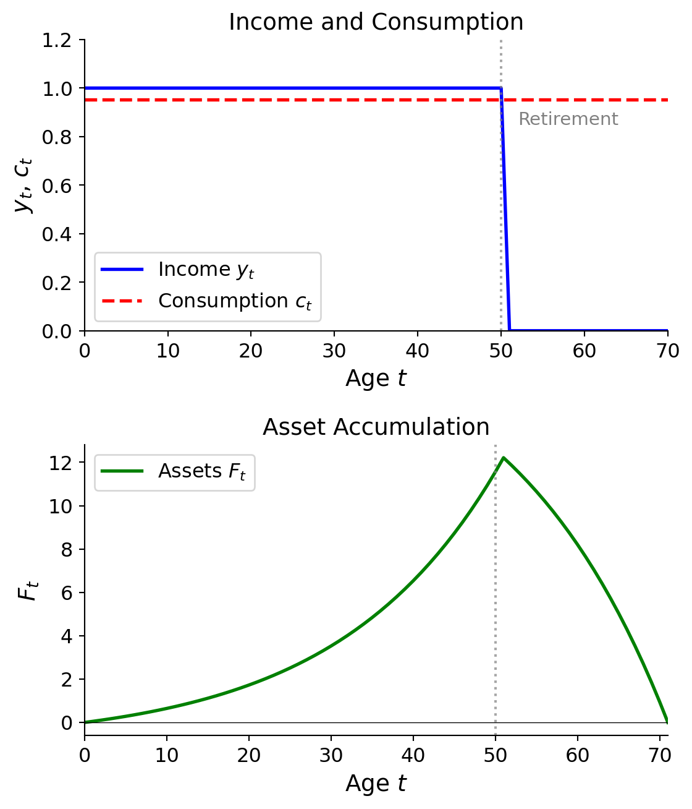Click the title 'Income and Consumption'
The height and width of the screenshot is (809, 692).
click(x=376, y=22)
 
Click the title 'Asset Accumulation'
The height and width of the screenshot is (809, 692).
click(x=376, y=427)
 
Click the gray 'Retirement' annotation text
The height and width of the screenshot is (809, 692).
click(x=568, y=119)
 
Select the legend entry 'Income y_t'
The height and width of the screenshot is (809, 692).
click(x=206, y=270)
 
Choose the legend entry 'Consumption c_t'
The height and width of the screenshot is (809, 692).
click(x=234, y=301)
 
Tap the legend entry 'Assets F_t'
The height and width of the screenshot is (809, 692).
click(x=201, y=471)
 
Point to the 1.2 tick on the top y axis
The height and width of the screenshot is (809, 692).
click(x=56, y=40)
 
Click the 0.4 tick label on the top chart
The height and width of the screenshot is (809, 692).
click(x=56, y=234)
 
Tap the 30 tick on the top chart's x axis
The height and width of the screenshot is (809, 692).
click(x=334, y=351)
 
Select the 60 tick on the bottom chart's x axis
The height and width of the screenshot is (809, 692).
click(x=578, y=756)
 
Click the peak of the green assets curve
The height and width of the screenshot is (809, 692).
click(x=504, y=458)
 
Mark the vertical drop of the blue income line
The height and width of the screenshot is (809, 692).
click(x=505, y=210)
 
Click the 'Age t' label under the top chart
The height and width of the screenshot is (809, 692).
click(x=376, y=379)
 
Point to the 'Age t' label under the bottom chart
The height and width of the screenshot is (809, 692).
click(x=376, y=784)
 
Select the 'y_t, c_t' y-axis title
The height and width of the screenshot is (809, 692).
click(x=24, y=185)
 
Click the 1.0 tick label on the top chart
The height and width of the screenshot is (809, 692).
click(x=56, y=88)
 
